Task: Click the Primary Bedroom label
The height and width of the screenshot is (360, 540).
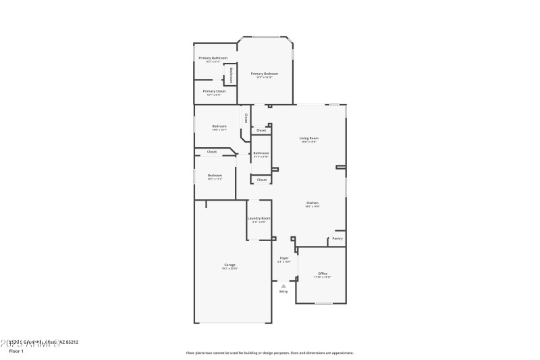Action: pos(264,73)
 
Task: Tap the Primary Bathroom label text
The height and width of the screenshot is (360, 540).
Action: pos(213,57)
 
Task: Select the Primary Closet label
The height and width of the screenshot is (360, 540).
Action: pos(214,91)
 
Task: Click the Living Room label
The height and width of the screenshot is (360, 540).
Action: pos(309,138)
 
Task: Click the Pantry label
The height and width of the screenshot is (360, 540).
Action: pos(337,238)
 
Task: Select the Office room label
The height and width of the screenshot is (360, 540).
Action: pos(322,273)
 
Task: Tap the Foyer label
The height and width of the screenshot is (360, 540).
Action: pos(284,257)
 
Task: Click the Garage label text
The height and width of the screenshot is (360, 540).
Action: pos(230,264)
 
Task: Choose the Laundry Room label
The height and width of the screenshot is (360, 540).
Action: pos(259,218)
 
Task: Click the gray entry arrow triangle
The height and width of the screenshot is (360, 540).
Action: pos(283,286)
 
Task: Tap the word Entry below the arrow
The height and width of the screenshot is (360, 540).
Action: pos(283,291)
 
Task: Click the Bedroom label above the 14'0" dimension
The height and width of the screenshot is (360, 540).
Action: pos(219,126)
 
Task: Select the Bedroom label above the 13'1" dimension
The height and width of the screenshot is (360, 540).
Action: pos(215,175)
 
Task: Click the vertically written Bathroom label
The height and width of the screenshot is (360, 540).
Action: pos(231,74)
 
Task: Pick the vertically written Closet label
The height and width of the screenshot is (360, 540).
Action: pos(246,118)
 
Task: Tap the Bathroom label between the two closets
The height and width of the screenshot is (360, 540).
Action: pos(261,153)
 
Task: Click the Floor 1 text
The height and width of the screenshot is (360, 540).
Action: pos(16,351)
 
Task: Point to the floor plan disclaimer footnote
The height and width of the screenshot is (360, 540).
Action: pos(269,353)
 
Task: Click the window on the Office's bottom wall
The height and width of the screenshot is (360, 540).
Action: pos(323,303)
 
